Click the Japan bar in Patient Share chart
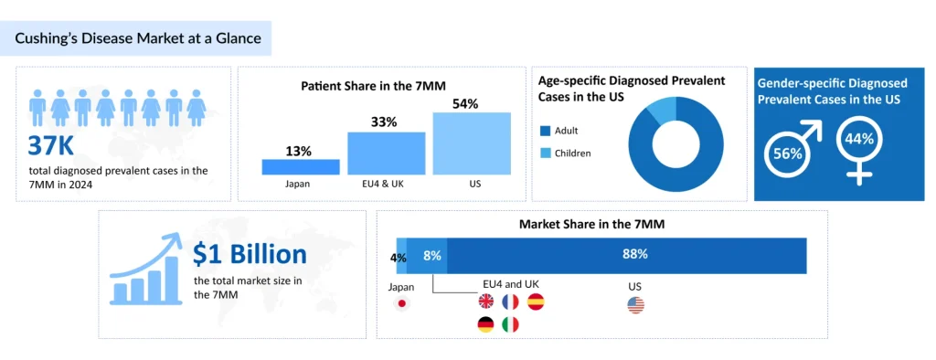click(x=300, y=166)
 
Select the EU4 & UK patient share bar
click(x=386, y=154)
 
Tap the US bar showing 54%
click(x=471, y=143)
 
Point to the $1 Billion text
click(x=249, y=253)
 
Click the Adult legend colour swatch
click(x=546, y=131)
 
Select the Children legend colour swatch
click(x=546, y=153)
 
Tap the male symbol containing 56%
click(x=790, y=151)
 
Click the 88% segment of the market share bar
click(x=626, y=255)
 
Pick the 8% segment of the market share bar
click(x=427, y=255)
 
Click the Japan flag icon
click(x=401, y=304)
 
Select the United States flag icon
click(x=635, y=304)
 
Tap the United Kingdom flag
click(x=485, y=302)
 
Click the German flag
click(x=485, y=324)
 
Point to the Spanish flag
click(x=536, y=302)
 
